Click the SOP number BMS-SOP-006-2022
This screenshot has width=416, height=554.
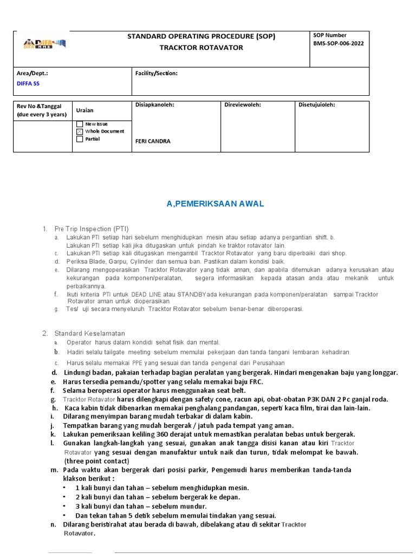click(339, 44)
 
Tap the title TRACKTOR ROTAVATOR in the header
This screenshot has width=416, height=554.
click(201, 48)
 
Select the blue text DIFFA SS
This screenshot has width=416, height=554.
click(28, 84)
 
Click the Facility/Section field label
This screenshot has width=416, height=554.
click(157, 73)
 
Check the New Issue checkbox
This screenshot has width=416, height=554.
click(80, 124)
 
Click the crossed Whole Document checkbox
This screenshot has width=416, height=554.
click(80, 131)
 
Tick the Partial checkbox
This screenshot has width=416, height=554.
click(80, 139)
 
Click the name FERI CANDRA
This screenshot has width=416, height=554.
click(152, 141)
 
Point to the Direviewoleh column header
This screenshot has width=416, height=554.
click(243, 105)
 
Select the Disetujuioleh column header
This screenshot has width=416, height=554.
click(317, 105)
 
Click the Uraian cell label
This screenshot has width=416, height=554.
click(84, 110)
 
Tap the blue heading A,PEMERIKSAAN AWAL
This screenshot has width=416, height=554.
click(215, 203)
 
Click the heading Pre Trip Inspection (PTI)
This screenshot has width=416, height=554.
click(92, 229)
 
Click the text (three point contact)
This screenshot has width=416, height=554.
click(96, 461)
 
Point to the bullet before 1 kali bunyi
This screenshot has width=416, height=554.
click(64, 488)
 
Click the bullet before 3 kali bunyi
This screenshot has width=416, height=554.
click(64, 506)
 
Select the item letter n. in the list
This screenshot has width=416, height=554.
click(53, 525)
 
